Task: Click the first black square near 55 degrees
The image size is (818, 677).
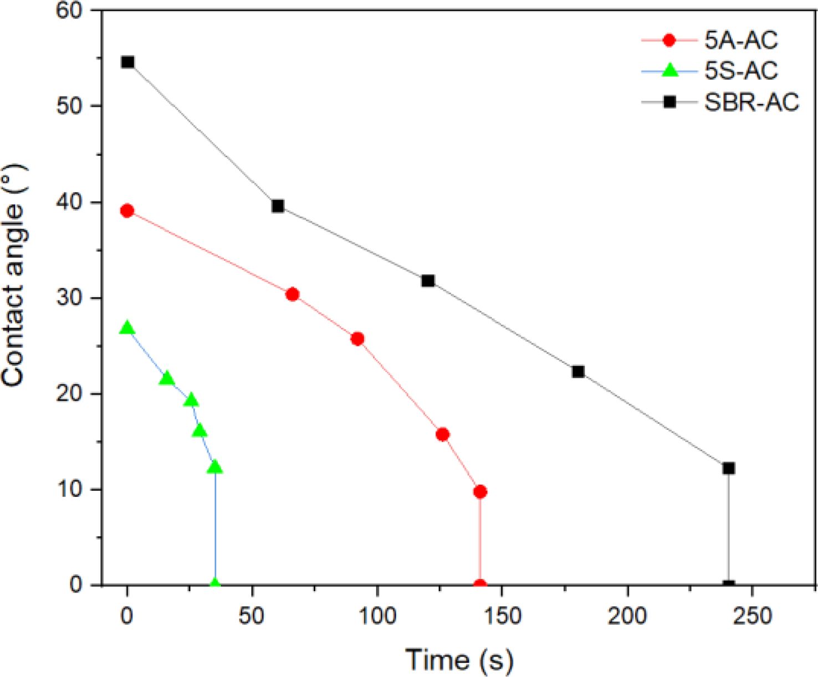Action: tap(127, 62)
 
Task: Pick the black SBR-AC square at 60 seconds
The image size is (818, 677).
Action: tap(278, 207)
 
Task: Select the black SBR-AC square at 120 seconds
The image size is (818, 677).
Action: tap(428, 281)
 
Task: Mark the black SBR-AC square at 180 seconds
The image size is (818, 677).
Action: tap(578, 372)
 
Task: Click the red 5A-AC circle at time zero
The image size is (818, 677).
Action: tap(127, 211)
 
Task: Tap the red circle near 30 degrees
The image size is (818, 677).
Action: tap(292, 295)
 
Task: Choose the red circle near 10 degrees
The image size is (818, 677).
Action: tap(480, 492)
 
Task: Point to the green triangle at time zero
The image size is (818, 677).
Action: tap(127, 328)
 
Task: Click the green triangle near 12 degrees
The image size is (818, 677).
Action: tap(214, 467)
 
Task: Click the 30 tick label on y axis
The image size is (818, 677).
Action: tap(70, 298)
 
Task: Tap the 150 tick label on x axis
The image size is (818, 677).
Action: tap(502, 616)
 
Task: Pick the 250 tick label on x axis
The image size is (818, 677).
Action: tap(751, 616)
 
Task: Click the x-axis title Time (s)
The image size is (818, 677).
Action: tap(459, 659)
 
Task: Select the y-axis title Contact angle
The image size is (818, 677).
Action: tap(13, 275)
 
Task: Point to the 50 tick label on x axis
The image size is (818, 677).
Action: tap(252, 616)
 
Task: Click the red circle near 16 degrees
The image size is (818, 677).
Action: tap(442, 435)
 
